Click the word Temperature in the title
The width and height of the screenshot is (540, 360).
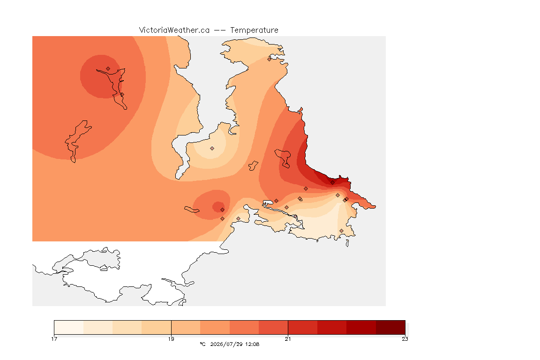[x=254, y=30]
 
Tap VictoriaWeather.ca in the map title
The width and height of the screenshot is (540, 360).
[x=174, y=30]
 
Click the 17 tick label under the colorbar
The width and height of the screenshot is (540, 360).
[x=54, y=339]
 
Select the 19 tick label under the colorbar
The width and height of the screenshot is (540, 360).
[x=171, y=339]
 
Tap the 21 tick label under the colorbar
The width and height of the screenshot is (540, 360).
[x=288, y=339]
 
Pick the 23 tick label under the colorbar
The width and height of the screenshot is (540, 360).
[x=405, y=339]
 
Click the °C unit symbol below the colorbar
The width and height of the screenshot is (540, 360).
[x=202, y=344]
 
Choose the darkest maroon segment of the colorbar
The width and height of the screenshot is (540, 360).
[x=390, y=327]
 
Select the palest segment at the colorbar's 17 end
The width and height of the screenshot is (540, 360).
[x=69, y=327]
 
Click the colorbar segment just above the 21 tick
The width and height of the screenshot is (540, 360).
[x=303, y=327]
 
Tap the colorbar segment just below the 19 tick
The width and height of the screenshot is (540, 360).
[x=157, y=327]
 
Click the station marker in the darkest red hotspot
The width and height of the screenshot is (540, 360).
[x=332, y=183]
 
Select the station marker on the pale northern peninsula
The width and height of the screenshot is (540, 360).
[x=270, y=59]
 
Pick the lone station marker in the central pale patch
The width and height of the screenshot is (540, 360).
[x=212, y=149]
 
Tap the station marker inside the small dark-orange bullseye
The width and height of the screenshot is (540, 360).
[x=223, y=210]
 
